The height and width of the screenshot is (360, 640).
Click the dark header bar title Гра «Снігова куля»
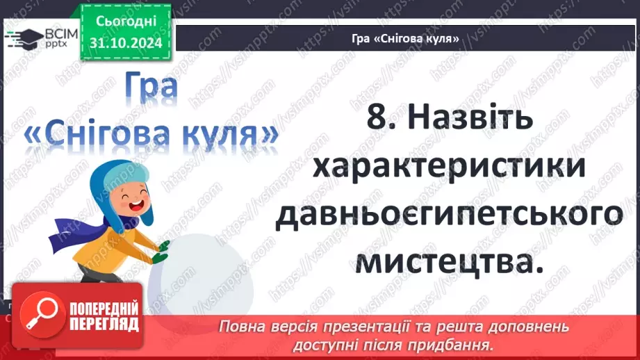click(x=405, y=38)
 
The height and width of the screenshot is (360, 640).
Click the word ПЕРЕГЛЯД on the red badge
click(x=103, y=324)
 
